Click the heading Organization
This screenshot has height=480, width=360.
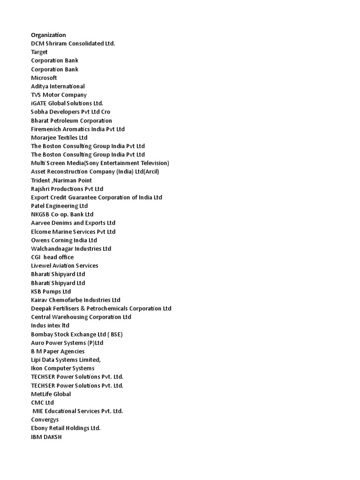click(x=48, y=35)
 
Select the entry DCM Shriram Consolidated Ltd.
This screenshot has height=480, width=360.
click(x=73, y=44)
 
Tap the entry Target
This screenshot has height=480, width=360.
click(x=39, y=52)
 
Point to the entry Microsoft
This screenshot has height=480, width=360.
click(x=44, y=78)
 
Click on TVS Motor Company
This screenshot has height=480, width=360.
click(x=59, y=95)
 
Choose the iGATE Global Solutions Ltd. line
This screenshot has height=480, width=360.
click(x=67, y=103)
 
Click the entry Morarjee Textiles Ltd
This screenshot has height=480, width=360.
click(x=59, y=137)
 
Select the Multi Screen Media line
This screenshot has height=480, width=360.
click(x=100, y=163)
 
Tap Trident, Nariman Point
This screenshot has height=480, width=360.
click(x=61, y=180)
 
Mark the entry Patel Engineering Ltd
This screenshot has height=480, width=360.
click(x=59, y=206)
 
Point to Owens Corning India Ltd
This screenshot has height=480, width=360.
click(x=64, y=240)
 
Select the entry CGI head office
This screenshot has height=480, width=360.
click(x=52, y=257)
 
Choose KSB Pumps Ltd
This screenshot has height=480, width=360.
click(x=51, y=291)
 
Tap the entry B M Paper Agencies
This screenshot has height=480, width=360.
click(x=58, y=351)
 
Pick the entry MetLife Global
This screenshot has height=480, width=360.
click(x=51, y=394)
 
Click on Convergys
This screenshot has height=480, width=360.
click(x=45, y=420)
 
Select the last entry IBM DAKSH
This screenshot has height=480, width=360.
click(x=46, y=437)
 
